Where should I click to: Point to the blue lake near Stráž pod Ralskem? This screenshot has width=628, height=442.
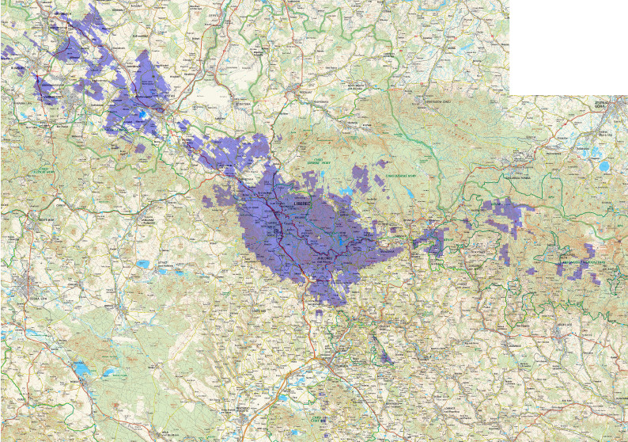(x=144, y=264)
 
